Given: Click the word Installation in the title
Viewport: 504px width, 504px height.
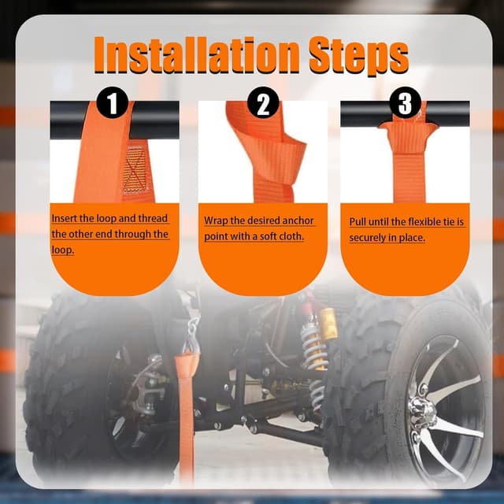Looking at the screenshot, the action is pyautogui.click(x=196, y=54).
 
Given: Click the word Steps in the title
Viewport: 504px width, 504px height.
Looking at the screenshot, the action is pyautogui.click(x=358, y=55).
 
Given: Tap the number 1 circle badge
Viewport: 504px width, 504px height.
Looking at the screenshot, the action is pyautogui.click(x=112, y=102).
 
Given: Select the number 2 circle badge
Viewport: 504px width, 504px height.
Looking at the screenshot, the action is pyautogui.click(x=263, y=102).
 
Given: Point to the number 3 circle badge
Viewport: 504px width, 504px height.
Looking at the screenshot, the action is pyautogui.click(x=405, y=102).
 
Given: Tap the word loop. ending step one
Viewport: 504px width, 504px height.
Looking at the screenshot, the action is pyautogui.click(x=63, y=250).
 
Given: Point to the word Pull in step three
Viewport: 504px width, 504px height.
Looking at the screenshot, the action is pyautogui.click(x=358, y=222).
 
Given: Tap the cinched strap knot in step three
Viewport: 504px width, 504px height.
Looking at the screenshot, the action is pyautogui.click(x=409, y=135).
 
